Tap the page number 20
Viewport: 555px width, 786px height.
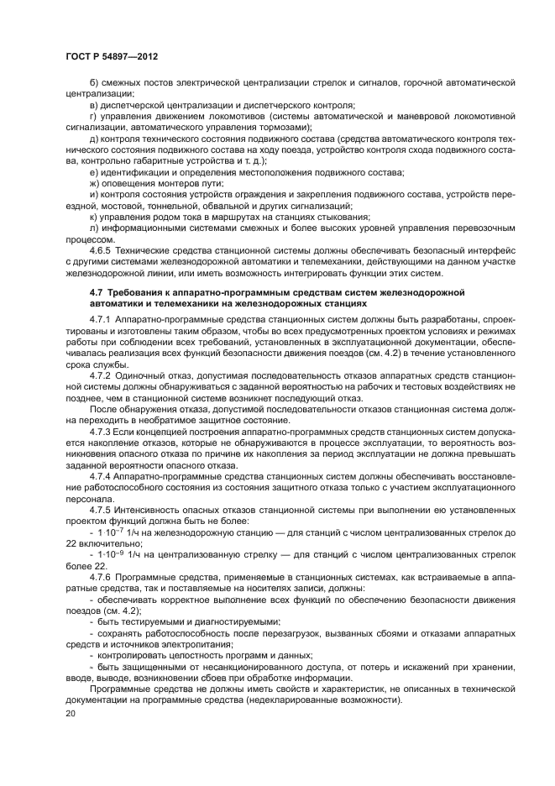point(71,714)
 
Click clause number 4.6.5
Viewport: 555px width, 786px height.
point(102,250)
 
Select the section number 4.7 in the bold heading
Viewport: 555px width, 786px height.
point(96,291)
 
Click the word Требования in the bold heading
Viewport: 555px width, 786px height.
point(133,291)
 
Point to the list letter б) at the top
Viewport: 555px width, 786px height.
point(92,84)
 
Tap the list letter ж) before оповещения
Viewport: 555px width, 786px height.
point(93,183)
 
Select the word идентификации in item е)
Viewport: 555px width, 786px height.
point(133,172)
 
